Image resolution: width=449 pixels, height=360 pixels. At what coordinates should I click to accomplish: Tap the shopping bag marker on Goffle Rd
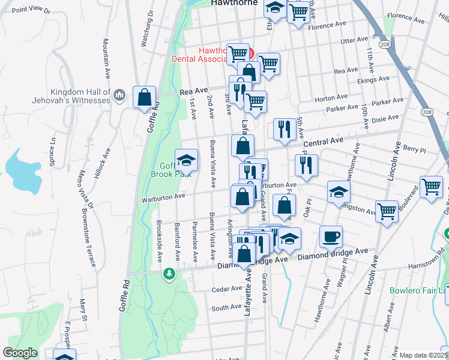tap(145, 97)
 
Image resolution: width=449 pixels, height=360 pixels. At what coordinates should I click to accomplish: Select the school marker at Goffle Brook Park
tap(187, 160)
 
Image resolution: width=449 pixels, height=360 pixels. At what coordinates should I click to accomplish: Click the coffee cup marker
tap(331, 236)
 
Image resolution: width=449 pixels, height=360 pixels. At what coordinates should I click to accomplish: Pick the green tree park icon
tap(170, 274)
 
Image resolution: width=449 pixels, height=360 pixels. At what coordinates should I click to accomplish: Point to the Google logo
tap(20, 353)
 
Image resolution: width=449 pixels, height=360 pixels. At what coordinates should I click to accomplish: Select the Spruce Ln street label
tap(52, 148)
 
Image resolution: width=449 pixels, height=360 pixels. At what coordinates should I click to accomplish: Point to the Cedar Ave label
tap(227, 289)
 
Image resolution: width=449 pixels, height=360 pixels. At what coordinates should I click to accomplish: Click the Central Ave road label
tap(323, 142)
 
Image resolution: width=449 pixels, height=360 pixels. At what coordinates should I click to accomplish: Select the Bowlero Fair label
tap(418, 291)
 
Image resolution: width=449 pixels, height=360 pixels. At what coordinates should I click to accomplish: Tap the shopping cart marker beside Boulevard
tap(432, 187)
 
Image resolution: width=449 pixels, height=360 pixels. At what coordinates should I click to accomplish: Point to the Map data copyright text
tap(424, 355)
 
